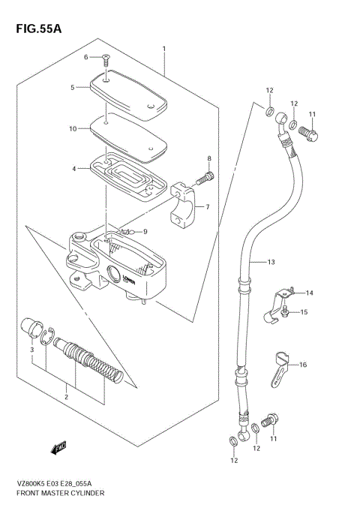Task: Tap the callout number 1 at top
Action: pyautogui.click(x=163, y=49)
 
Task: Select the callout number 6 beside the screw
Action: pyautogui.click(x=86, y=57)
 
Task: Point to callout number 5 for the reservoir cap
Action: pyautogui.click(x=73, y=88)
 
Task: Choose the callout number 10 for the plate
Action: pyautogui.click(x=73, y=128)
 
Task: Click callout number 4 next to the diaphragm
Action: pyautogui.click(x=75, y=169)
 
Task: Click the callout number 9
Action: pyautogui.click(x=145, y=231)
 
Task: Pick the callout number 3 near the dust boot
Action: pyautogui.click(x=32, y=350)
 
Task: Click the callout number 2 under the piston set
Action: pyautogui.click(x=66, y=396)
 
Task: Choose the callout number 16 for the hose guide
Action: pyautogui.click(x=304, y=365)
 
